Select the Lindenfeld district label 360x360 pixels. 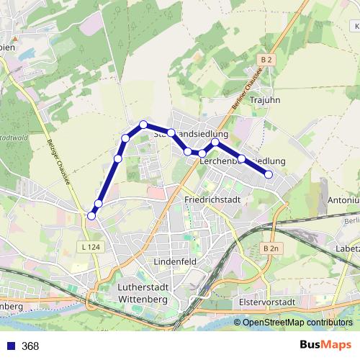(x=175, y=261)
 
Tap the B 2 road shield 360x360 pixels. (x=267, y=60)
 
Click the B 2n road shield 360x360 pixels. (x=269, y=248)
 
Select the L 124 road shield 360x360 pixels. (x=89, y=247)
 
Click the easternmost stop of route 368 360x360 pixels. (x=269, y=174)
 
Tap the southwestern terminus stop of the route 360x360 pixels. (x=91, y=215)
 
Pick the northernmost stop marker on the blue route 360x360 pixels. (x=143, y=125)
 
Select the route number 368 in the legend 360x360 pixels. (x=30, y=346)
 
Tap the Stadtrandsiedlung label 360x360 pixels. (x=191, y=134)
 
